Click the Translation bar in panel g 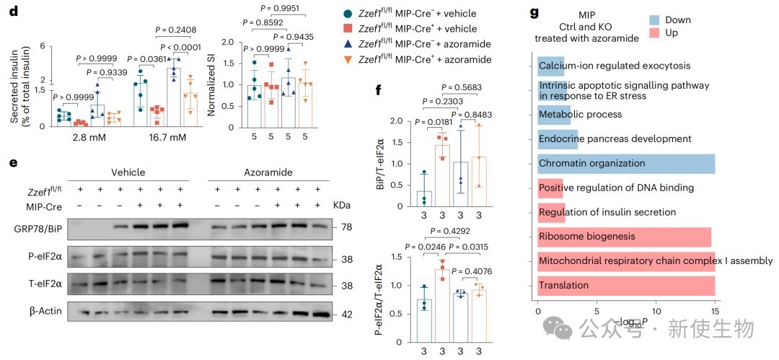(626, 285)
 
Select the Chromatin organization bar (626, 163)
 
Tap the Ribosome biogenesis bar (624, 236)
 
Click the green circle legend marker (348, 13)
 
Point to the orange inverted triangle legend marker (348, 58)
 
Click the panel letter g (534, 13)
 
